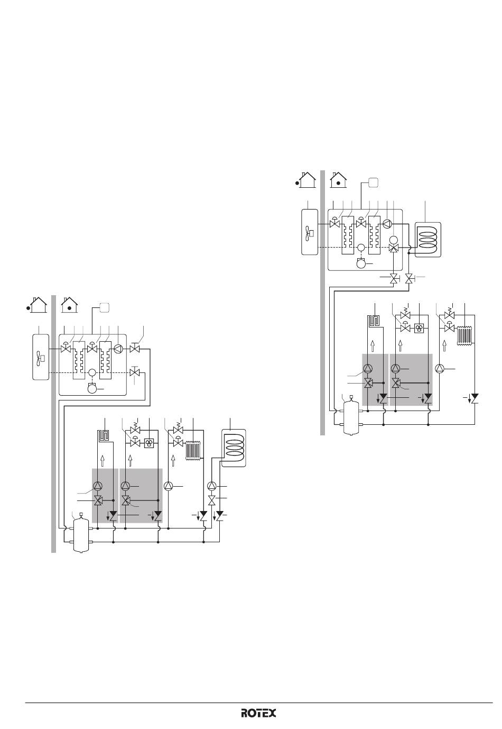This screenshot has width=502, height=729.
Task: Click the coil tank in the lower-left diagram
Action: point(234,448)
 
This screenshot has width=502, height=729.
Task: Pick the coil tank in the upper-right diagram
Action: point(428,240)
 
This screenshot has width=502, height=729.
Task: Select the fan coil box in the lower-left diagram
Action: point(148,443)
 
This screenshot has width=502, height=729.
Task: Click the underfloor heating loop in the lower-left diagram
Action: point(105,435)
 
